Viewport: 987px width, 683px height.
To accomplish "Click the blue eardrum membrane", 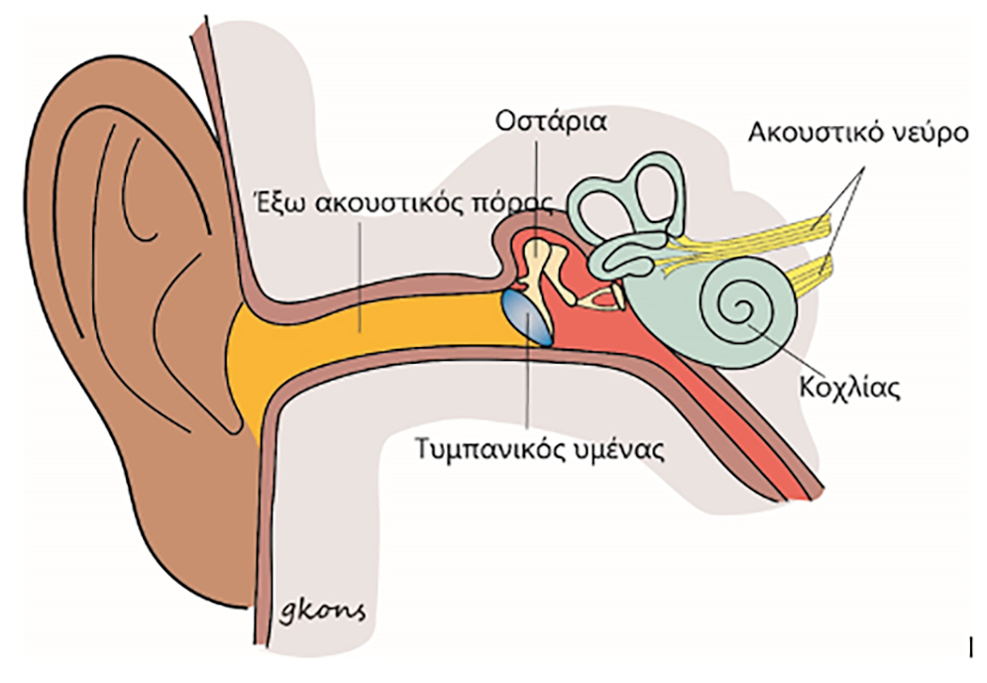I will [x=528, y=315].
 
